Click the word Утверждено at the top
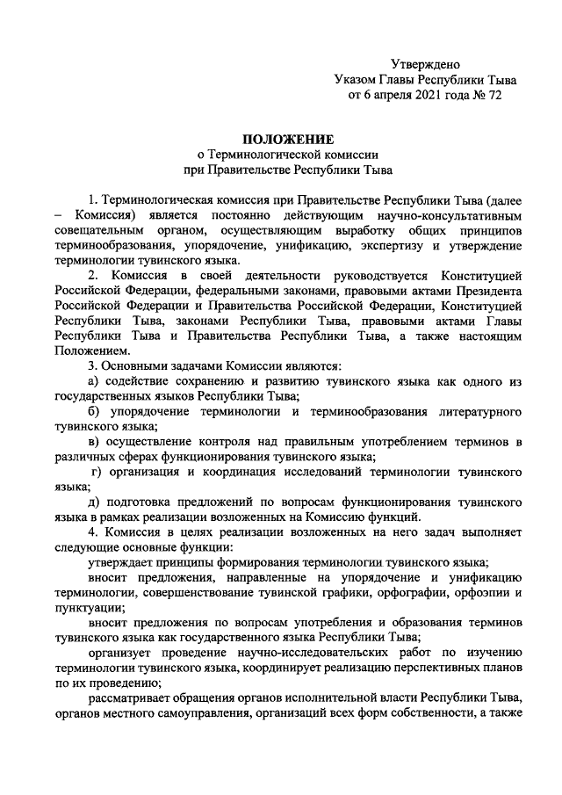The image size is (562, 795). pyautogui.click(x=424, y=63)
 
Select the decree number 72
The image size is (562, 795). pyautogui.click(x=493, y=95)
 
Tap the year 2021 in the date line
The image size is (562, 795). pyautogui.click(x=418, y=95)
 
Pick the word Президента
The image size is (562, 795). pyautogui.click(x=490, y=291)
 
